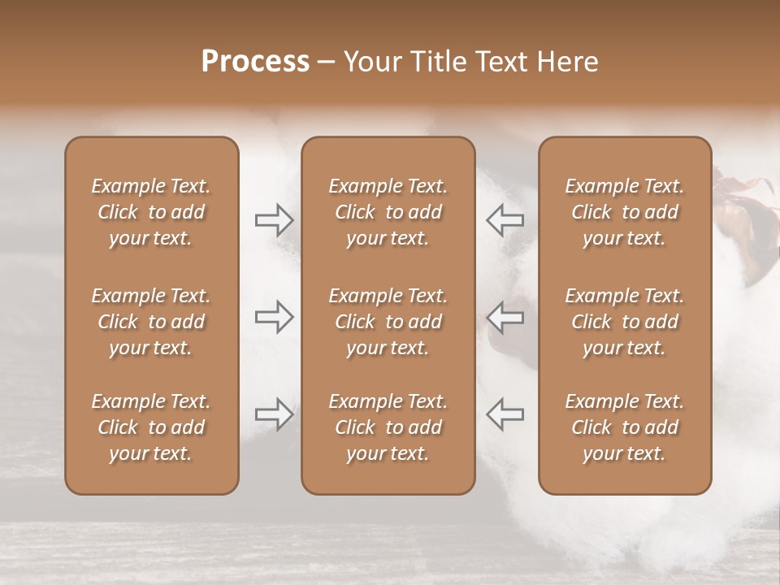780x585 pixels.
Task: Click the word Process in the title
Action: [x=255, y=62]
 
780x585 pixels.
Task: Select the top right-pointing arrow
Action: [x=274, y=220]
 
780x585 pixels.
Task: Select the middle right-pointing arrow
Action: [x=274, y=317]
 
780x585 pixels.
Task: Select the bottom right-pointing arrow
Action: [x=274, y=414]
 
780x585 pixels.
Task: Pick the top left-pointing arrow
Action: [x=505, y=220]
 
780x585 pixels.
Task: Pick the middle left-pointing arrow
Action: [x=505, y=317]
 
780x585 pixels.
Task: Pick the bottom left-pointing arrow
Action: [x=505, y=414]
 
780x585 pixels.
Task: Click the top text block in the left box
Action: [x=151, y=212]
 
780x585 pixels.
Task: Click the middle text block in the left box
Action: [x=151, y=322]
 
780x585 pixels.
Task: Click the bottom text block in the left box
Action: [x=151, y=427]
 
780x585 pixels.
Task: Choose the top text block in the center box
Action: [x=388, y=212]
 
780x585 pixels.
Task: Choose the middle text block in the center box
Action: [x=388, y=322]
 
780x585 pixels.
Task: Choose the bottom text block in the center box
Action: [x=388, y=427]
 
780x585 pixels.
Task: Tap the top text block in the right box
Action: [x=624, y=212]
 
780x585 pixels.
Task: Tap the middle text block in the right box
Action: [x=624, y=322]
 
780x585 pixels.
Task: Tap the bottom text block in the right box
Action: [x=624, y=427]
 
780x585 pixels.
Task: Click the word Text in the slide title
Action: [x=498, y=62]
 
